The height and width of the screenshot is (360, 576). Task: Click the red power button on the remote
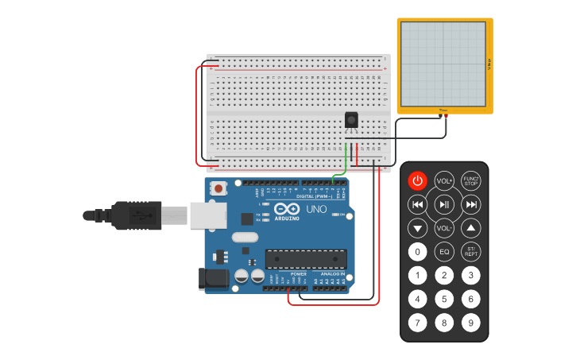417,180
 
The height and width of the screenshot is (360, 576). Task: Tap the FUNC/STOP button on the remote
471,180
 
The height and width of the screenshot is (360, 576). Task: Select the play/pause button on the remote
444,204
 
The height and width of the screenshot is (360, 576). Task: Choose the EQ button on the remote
444,252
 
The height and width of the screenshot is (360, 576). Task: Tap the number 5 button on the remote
444,300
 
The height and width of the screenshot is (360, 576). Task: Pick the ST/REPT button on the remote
471,252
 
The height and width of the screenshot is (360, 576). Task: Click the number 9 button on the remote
471,323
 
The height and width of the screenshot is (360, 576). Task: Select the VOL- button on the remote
444,229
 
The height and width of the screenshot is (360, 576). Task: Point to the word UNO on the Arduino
316,209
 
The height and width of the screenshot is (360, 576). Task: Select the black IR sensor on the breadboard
351,120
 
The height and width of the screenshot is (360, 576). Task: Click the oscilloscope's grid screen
443,63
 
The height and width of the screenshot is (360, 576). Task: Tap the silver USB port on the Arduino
207,215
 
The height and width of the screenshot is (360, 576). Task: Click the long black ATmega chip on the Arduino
306,258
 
